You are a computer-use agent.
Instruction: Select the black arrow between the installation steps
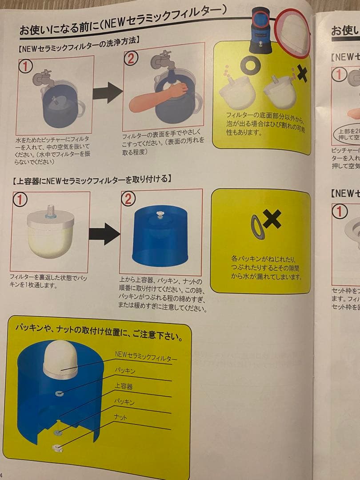tap(104, 233)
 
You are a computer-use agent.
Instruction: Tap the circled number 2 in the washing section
tap(131, 58)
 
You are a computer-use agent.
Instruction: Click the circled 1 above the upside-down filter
tap(20, 200)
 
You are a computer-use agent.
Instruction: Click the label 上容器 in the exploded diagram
tap(124, 386)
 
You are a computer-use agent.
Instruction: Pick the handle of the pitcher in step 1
tap(81, 109)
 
